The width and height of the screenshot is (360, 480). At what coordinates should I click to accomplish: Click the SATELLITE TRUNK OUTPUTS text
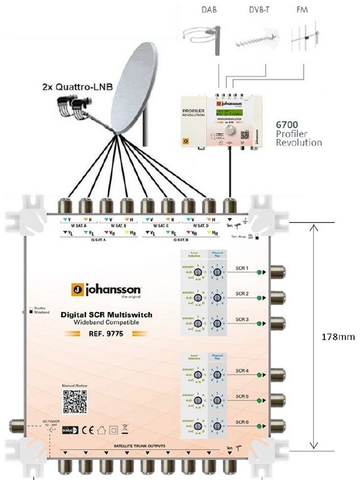click(143, 446)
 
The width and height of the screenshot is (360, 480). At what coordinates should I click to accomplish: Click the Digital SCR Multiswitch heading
click(106, 315)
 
